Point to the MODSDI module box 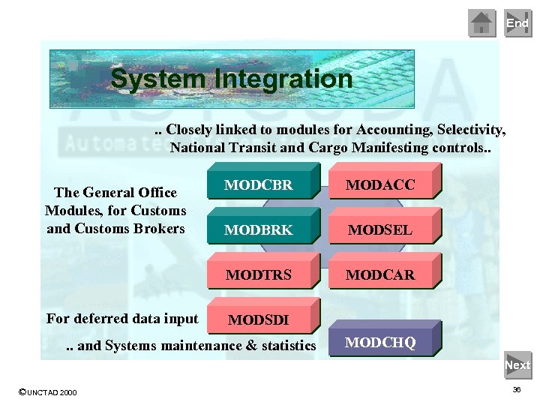point(259,320)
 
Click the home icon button point(481,23)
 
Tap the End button point(517,23)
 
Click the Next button point(517,365)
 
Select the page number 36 point(517,390)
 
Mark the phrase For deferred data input point(122,319)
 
